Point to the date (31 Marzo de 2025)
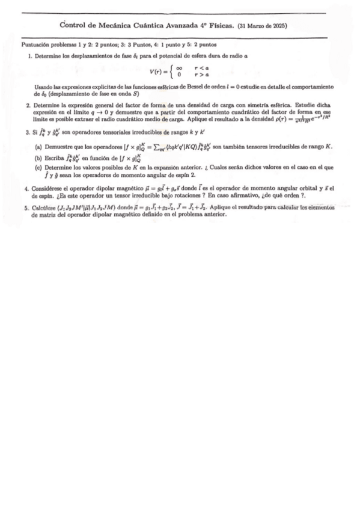(x=263, y=26)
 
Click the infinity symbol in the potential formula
(x=178, y=69)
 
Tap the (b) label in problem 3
(x=38, y=158)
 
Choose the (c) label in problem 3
(x=38, y=167)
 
